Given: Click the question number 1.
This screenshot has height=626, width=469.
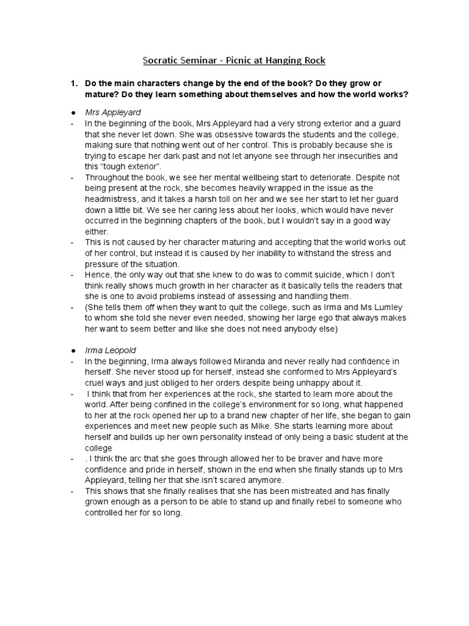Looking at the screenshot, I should [74, 83].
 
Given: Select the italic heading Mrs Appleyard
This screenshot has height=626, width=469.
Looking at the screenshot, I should [113, 112].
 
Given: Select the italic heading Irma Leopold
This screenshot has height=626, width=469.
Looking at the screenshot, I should [111, 350].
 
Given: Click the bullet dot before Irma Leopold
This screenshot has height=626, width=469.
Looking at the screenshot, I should [73, 350].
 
